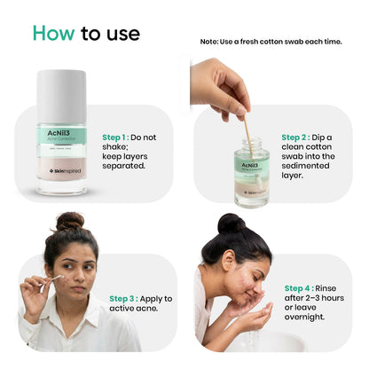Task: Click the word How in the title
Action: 53,33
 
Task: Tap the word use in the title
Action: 123,33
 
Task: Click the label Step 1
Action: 120,137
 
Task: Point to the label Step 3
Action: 127,299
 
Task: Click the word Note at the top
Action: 210,42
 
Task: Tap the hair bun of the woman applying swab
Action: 70,221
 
